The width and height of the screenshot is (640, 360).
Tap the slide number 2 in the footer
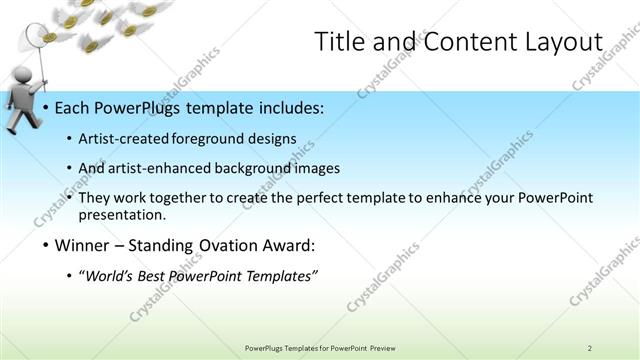pos(590,348)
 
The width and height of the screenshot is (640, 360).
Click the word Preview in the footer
pos(381,348)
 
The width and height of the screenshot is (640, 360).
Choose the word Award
pos(292,245)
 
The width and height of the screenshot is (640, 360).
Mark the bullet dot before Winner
pos(46,245)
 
